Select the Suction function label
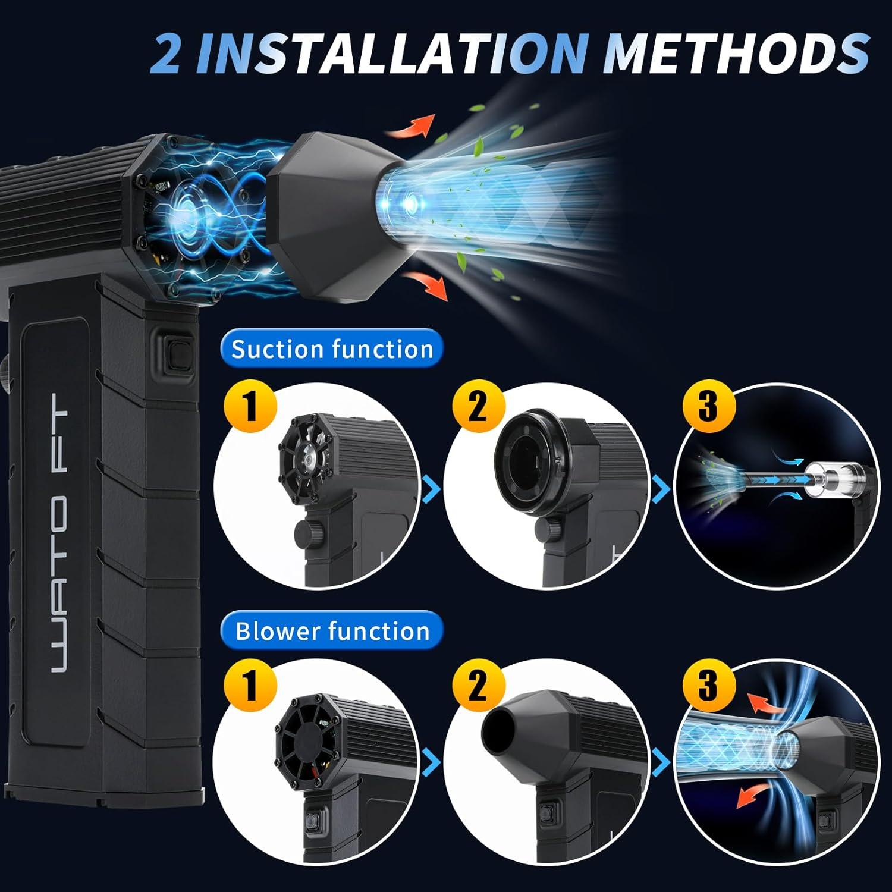coord(332,348)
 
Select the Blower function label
coord(332,631)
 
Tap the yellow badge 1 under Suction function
coord(250,408)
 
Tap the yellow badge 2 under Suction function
coord(478,408)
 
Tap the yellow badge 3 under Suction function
coord(707,408)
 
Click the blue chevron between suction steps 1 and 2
coord(432,489)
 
